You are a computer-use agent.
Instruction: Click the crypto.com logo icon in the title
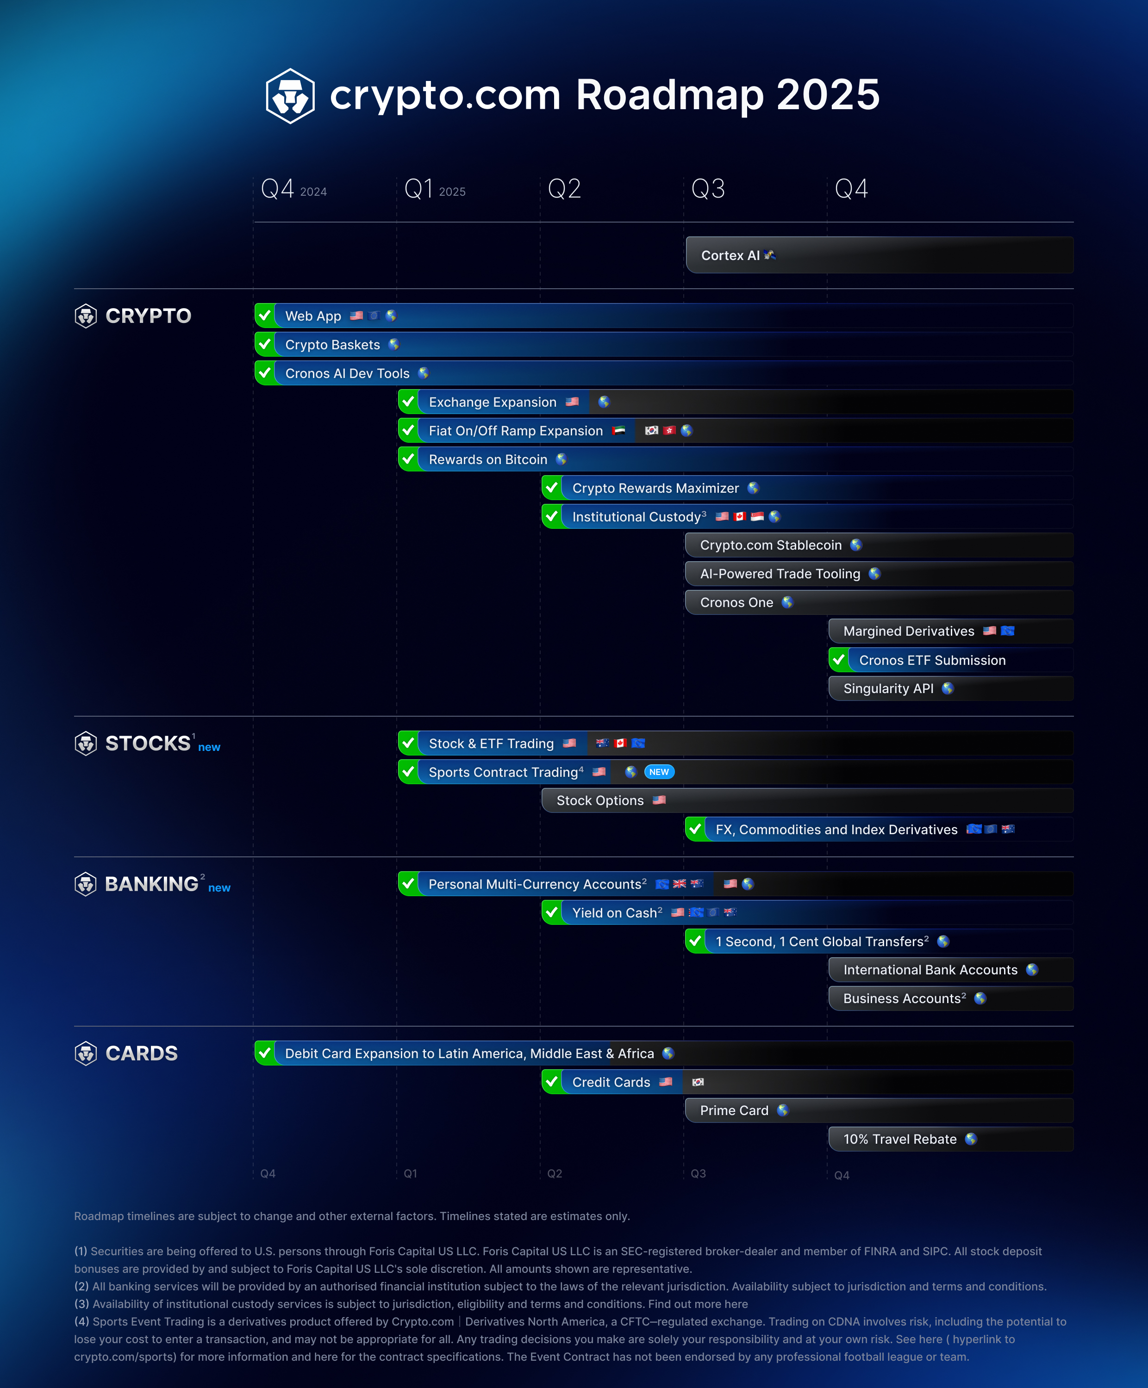(290, 96)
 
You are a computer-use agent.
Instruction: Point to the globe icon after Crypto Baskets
(394, 344)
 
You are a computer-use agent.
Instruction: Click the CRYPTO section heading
(148, 316)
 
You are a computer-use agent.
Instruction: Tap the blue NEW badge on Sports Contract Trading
(659, 772)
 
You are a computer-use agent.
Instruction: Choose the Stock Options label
(600, 800)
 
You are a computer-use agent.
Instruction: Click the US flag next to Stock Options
(659, 800)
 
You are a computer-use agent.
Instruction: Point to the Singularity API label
(888, 689)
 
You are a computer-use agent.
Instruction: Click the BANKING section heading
(151, 884)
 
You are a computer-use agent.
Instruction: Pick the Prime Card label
(734, 1110)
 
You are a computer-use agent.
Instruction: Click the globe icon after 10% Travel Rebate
(971, 1139)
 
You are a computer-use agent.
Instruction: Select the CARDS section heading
(142, 1053)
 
